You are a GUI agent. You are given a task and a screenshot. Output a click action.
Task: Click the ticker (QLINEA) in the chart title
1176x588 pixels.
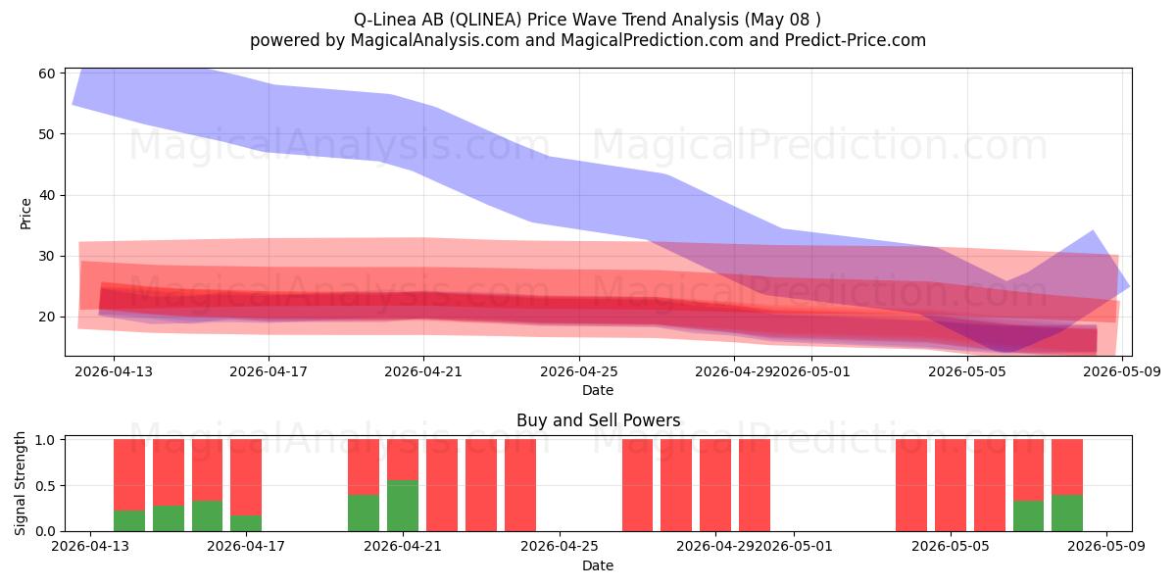tap(486, 20)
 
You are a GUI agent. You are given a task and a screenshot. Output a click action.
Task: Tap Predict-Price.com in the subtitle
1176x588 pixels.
tap(856, 40)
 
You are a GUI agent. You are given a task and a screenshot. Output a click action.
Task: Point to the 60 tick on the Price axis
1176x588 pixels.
tap(47, 73)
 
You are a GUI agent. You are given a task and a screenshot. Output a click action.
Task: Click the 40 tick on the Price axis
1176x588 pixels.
tap(47, 195)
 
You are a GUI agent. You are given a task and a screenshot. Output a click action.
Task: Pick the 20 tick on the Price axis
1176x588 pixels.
tap(47, 318)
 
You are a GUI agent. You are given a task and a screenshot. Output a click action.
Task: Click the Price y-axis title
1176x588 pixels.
tap(25, 214)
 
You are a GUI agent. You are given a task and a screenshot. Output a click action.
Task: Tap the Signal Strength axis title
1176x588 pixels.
tap(20, 483)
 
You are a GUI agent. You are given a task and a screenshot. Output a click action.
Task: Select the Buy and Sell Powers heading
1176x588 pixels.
tap(598, 420)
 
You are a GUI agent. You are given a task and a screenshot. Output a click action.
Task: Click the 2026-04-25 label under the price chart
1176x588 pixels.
tap(579, 371)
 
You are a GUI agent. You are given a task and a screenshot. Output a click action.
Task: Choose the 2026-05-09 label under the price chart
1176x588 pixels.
tap(1122, 371)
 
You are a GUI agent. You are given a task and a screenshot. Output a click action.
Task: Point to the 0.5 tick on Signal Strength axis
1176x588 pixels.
tap(45, 486)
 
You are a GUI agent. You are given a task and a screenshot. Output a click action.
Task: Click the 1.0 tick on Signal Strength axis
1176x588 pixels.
tap(45, 440)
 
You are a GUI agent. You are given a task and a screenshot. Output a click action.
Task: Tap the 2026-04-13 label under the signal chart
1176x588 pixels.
tap(90, 546)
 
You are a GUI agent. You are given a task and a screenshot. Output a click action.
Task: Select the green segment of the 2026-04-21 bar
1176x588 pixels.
tap(403, 506)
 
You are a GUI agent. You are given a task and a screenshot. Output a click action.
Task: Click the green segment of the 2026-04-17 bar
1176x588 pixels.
tap(246, 523)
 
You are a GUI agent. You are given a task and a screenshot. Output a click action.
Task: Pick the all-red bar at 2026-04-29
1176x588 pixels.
tap(715, 485)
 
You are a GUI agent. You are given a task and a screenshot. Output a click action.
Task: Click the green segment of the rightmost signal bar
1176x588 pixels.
tap(1067, 513)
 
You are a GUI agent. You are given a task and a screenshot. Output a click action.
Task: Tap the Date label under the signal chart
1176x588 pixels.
tap(598, 565)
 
